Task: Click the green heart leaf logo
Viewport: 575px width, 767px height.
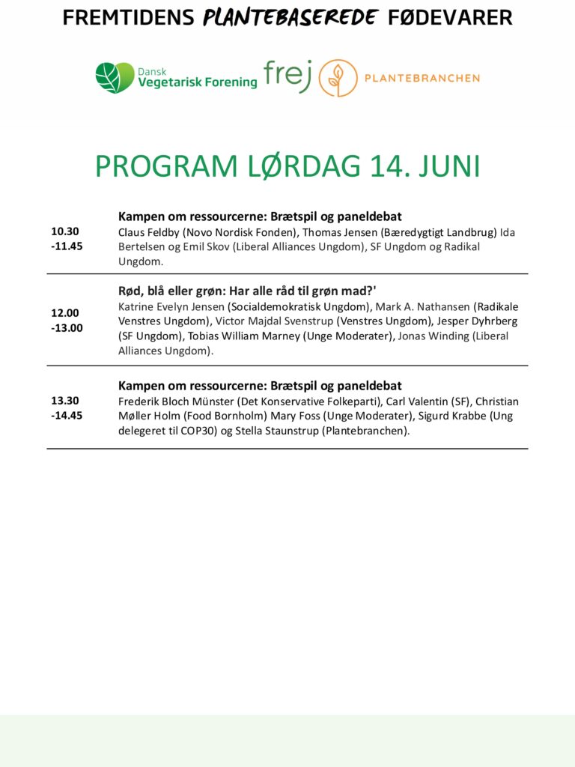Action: [x=115, y=78]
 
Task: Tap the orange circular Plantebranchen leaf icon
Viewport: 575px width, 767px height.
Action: [x=338, y=78]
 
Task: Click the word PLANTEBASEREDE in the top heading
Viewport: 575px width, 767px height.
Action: [x=291, y=17]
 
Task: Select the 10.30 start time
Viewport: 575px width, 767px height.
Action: [x=65, y=231]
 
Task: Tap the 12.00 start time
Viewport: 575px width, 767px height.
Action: [x=65, y=313]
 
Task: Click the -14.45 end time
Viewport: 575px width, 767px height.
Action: [x=67, y=415]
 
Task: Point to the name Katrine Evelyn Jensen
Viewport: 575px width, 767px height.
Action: [x=171, y=306]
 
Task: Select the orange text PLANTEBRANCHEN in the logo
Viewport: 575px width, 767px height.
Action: [x=422, y=78]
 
